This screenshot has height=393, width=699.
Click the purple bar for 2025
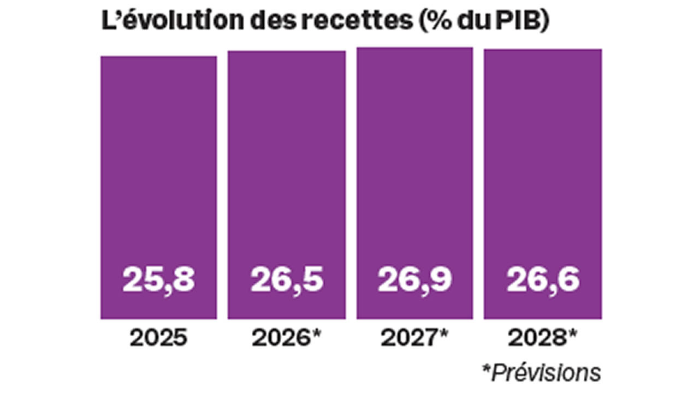click(158, 164)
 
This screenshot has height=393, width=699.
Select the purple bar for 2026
click(287, 164)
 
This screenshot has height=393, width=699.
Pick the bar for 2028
click(543, 164)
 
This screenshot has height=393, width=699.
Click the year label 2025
click(158, 338)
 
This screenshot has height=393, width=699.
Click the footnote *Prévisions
click(541, 373)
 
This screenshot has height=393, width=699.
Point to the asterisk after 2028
click(572, 334)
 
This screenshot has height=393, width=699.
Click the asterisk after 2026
click(316, 334)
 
